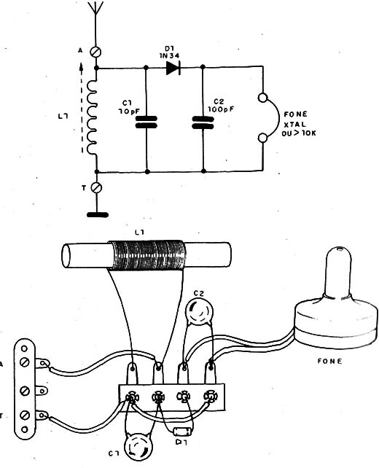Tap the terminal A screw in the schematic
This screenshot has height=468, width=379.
pos(96,52)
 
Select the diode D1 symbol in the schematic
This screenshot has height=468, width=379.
pos(173,68)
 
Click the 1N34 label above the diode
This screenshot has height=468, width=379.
pos(169,55)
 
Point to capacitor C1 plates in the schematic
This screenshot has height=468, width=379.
pos(146,122)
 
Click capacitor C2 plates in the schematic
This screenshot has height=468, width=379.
pos(203,122)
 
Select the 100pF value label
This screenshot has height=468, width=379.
pos(221,109)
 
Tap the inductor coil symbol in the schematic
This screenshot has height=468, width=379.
pos(93,117)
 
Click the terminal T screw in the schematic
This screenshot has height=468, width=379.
pos(96,188)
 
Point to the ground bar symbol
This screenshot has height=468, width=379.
pos(98,214)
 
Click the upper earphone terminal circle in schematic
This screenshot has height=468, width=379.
pos(263,98)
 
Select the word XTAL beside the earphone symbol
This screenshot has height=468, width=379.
pos(294,124)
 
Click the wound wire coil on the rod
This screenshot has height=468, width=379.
pos(146,255)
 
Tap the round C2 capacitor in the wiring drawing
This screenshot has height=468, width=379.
pos(199,312)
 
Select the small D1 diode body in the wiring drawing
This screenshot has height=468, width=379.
pos(182,431)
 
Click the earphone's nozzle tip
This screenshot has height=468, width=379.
pos(338,249)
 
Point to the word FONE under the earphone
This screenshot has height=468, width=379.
pos(329,361)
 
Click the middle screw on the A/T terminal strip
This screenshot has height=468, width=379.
pos(25,391)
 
